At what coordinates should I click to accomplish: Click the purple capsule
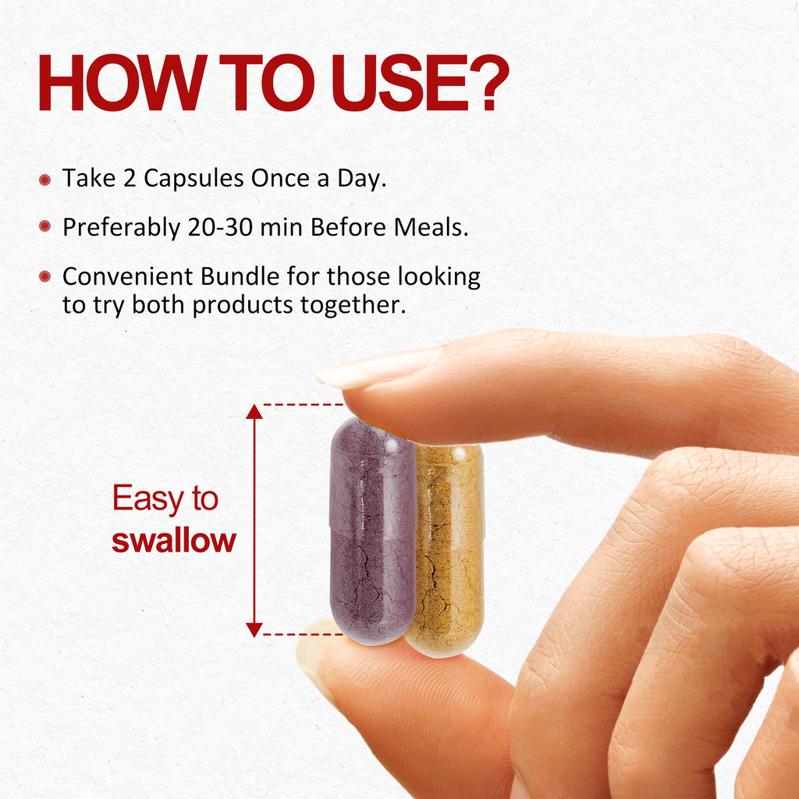tap(373, 531)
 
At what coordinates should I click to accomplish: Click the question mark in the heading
tap(489, 83)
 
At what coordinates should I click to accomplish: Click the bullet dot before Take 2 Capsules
tap(44, 179)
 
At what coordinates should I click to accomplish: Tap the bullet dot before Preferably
tap(44, 225)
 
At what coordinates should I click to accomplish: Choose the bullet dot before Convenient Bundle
tap(44, 276)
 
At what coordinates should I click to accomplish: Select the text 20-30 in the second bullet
tap(221, 227)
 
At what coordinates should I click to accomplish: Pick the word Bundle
tap(240, 277)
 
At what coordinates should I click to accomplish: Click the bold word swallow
tap(174, 541)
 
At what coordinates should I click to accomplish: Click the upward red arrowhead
tap(254, 412)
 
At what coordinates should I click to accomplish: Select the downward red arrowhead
tap(254, 630)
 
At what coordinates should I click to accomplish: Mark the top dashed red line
tap(304, 405)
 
